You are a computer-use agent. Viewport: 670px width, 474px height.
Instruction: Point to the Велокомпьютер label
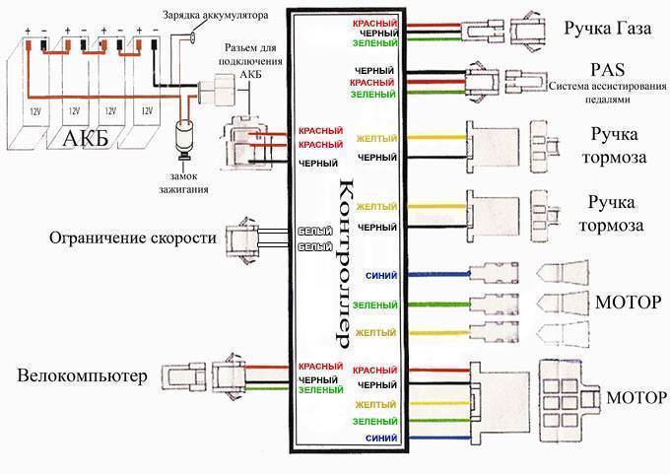(82, 375)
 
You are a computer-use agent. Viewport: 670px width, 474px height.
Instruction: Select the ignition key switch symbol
(182, 137)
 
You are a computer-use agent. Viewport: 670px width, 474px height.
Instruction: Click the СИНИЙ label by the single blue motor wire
(381, 276)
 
